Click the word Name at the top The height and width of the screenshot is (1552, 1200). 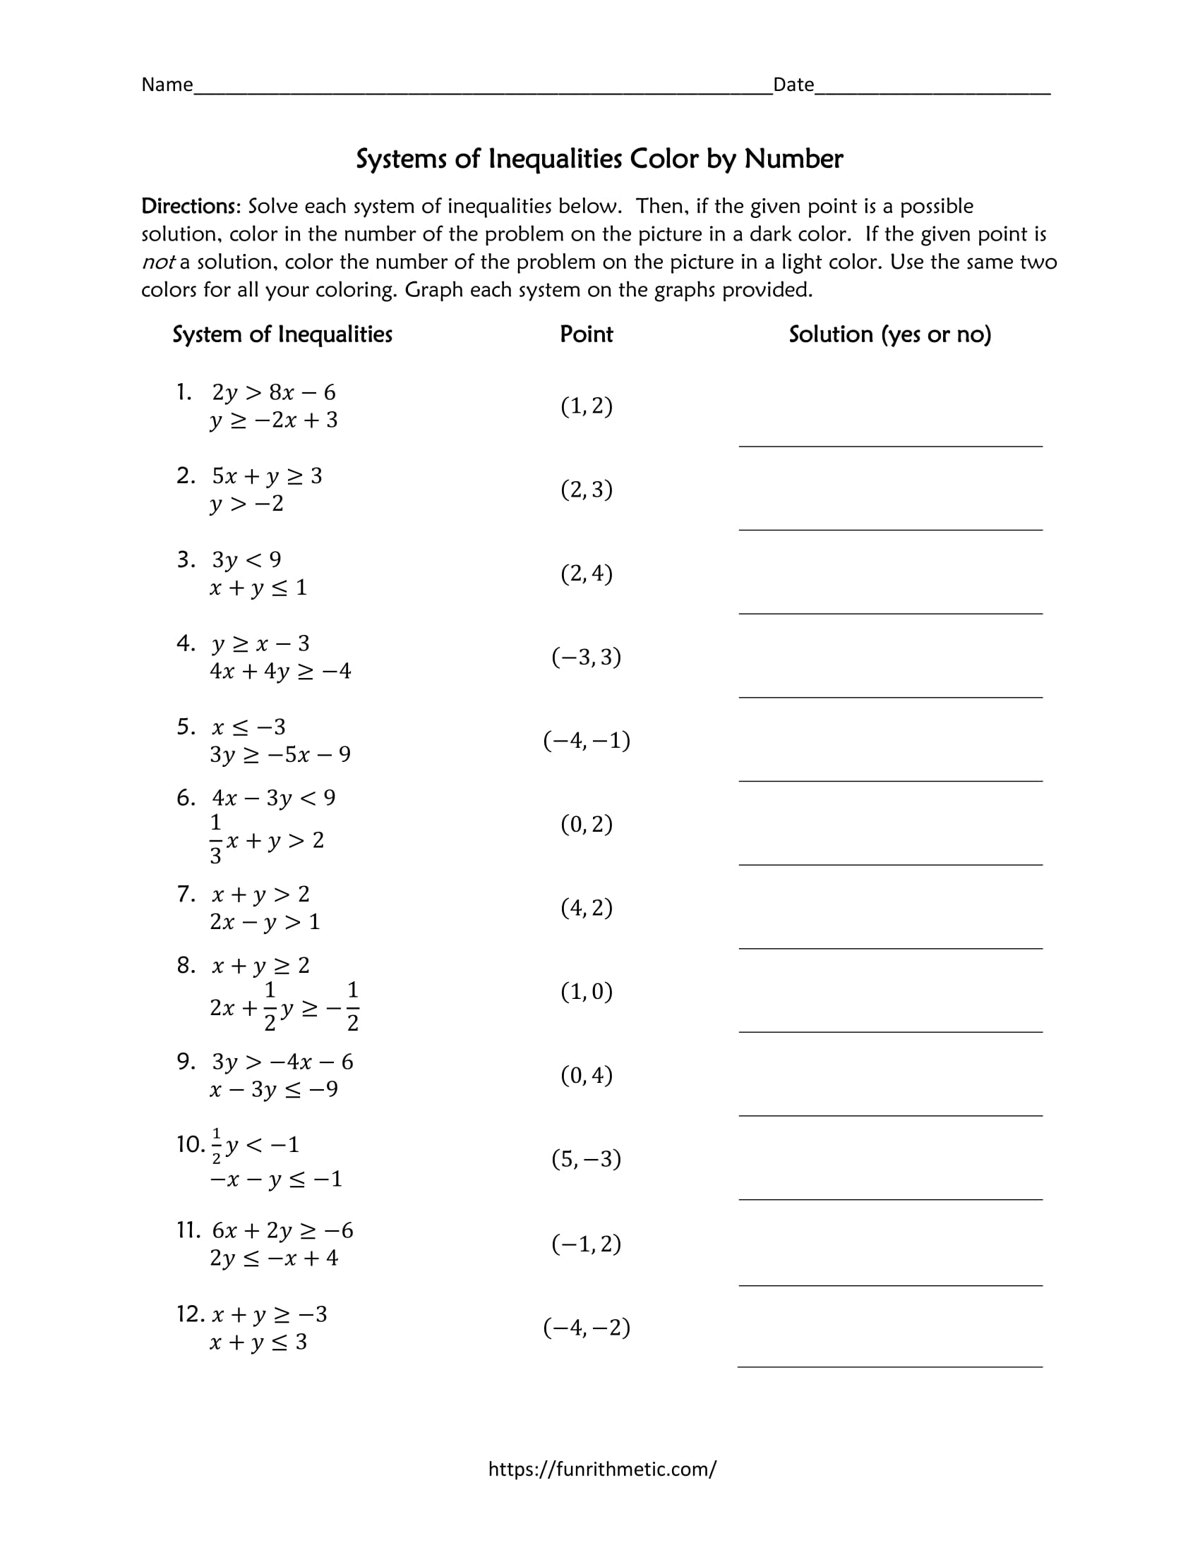point(167,85)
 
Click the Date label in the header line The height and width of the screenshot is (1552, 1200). point(793,85)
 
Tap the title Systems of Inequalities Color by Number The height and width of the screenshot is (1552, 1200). point(599,159)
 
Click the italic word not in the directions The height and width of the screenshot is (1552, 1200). point(157,262)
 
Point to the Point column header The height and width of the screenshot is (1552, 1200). point(587,334)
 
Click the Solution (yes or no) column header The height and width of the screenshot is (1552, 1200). point(890,334)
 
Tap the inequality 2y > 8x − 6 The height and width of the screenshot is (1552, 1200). point(274,392)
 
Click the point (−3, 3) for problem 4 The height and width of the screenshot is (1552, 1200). point(587,657)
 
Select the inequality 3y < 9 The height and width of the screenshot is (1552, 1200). point(246,560)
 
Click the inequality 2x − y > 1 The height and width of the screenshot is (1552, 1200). point(265,922)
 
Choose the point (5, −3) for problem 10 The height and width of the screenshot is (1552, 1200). point(587,1159)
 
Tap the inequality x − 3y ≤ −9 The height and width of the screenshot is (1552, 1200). point(274,1089)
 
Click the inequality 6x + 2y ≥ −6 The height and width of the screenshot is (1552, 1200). point(282,1230)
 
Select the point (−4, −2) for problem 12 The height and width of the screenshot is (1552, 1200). point(587,1327)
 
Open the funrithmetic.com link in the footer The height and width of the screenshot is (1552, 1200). point(602,1469)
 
